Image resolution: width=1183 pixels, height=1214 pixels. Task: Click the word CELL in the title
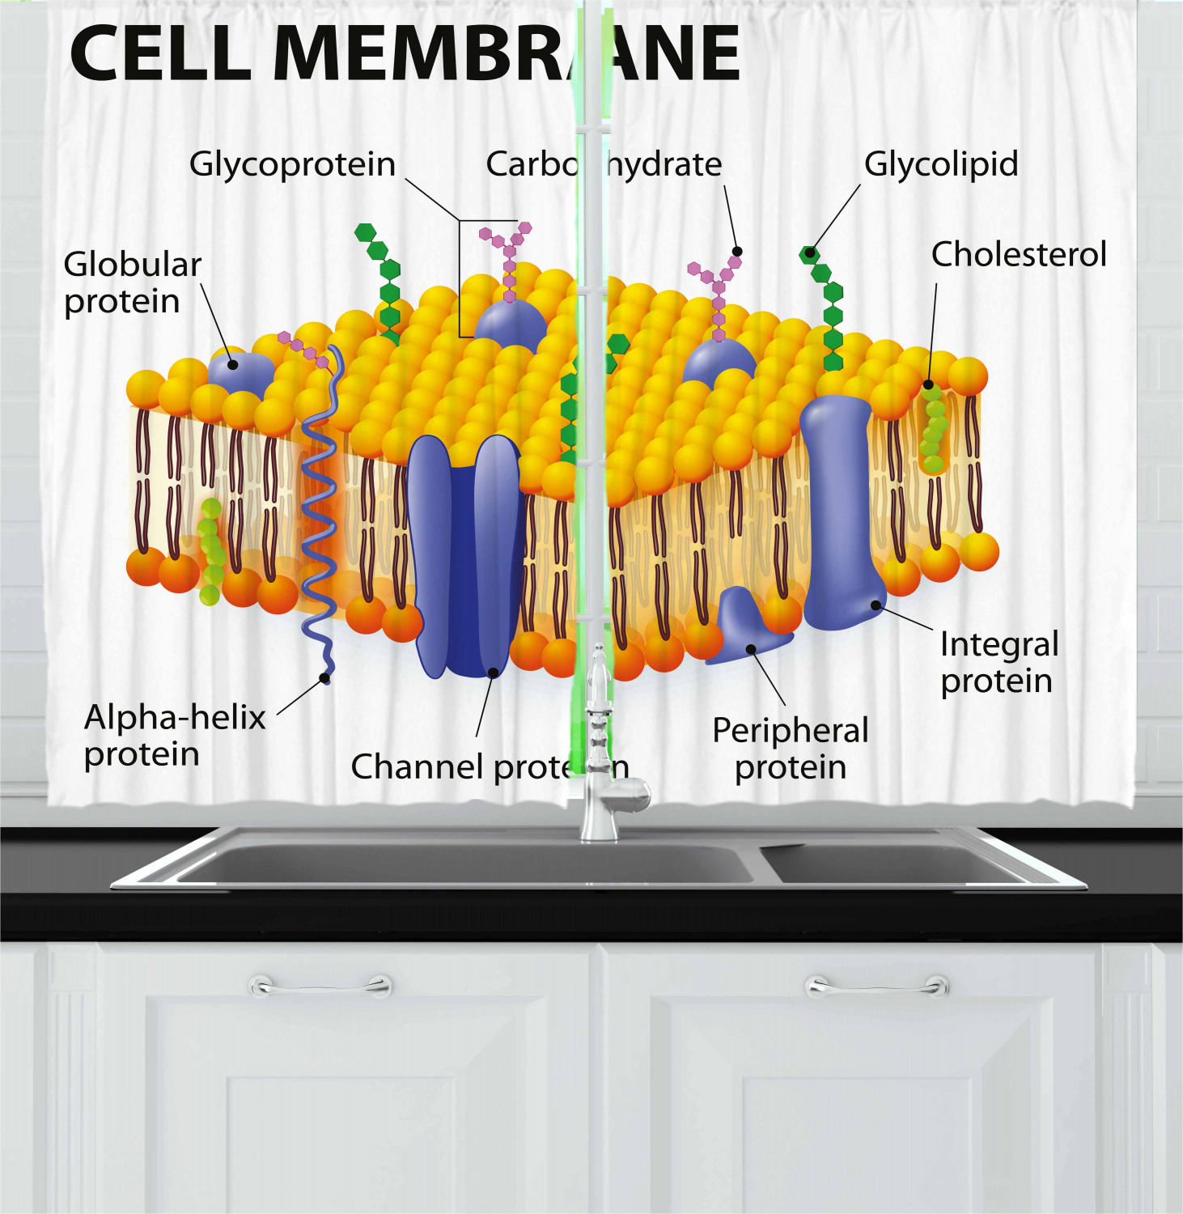pyautogui.click(x=160, y=53)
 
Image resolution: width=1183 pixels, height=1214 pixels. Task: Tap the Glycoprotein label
pyautogui.click(x=292, y=164)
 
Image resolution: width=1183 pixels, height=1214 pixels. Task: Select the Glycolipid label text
pyautogui.click(x=940, y=164)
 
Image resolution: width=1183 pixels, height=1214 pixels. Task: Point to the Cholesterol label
pyautogui.click(x=1018, y=255)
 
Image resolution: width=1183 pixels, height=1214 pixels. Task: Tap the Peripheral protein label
pyautogui.click(x=790, y=748)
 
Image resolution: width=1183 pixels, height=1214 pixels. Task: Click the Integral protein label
pyautogui.click(x=999, y=662)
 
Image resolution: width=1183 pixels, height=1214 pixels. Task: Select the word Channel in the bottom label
pyautogui.click(x=418, y=766)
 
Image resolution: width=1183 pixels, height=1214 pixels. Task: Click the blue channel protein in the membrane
pyautogui.click(x=464, y=558)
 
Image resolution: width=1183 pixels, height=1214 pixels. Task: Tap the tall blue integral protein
pyautogui.click(x=838, y=510)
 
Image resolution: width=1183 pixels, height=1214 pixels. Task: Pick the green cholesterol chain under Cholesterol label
pyautogui.click(x=934, y=429)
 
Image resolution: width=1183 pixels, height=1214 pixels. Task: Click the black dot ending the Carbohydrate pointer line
pyautogui.click(x=736, y=252)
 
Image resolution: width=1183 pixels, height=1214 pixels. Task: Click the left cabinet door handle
pyautogui.click(x=321, y=986)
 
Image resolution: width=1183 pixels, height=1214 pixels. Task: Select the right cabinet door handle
pyautogui.click(x=877, y=986)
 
